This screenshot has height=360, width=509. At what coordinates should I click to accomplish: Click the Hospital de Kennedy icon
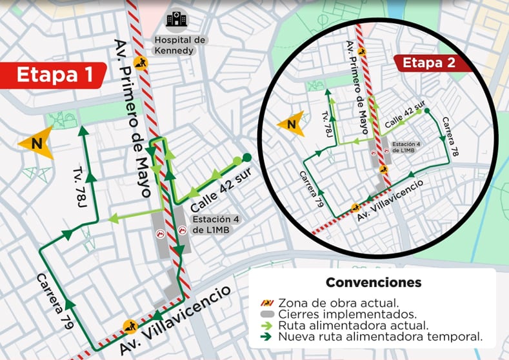[x=174, y=19]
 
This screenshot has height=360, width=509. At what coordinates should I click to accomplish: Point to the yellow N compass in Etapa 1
[x=36, y=143]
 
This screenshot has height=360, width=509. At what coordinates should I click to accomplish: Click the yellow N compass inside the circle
[x=289, y=124]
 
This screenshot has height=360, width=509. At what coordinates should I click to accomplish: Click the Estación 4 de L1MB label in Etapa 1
[x=219, y=225]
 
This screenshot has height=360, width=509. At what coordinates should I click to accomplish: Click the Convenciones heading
[x=374, y=283]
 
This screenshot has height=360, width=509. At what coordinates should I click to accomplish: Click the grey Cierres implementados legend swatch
[x=265, y=314]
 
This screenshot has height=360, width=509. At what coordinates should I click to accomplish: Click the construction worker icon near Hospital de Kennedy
[x=140, y=63]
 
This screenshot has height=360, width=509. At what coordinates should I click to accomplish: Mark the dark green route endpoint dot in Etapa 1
[x=247, y=157]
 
